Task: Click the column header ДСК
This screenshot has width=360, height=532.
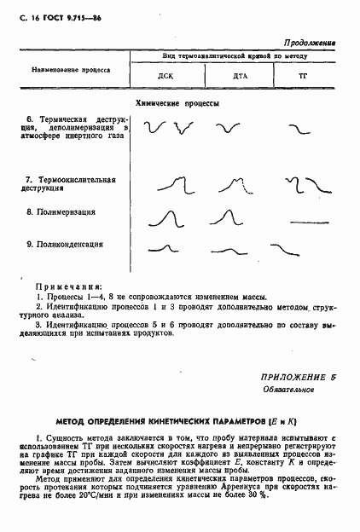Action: pos(165,76)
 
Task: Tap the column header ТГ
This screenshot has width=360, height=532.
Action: pos(301,76)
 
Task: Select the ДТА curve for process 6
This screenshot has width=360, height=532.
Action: pos(227,128)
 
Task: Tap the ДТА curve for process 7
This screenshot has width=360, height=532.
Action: pos(236,184)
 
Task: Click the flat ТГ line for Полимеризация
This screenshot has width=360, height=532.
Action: pos(307,222)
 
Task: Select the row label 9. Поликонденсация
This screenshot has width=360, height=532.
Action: pos(65,244)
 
